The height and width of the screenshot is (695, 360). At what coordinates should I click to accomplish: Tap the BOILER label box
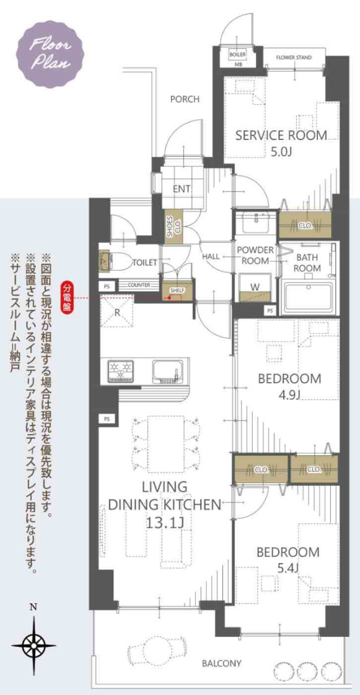click(x=237, y=55)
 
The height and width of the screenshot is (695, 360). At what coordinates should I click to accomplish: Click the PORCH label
click(x=185, y=98)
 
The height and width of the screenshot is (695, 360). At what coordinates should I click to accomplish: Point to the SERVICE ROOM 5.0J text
click(x=281, y=142)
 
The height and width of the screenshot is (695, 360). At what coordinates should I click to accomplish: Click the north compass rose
click(x=33, y=645)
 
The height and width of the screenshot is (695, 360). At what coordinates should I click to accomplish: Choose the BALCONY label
click(x=221, y=663)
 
